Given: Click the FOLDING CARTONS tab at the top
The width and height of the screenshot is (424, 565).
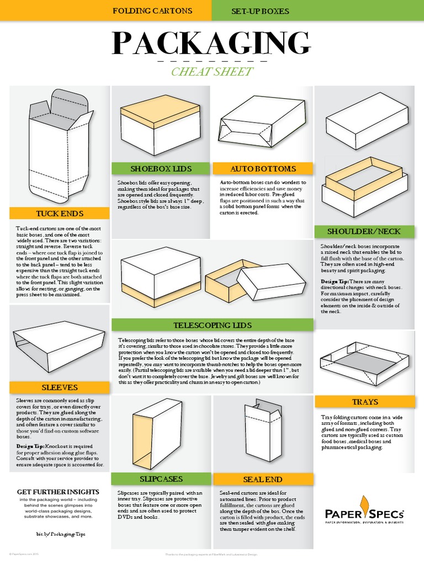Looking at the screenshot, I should tap(152, 10).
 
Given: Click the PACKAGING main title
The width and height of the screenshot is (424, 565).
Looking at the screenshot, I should tap(211, 44).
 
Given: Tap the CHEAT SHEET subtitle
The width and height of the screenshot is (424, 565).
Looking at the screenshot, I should tap(212, 72).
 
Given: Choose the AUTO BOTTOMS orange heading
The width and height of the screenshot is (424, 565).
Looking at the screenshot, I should tap(263, 168).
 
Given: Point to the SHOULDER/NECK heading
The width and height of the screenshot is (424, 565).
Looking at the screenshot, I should tap(364, 231).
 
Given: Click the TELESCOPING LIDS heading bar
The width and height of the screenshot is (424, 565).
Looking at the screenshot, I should tap(213, 324).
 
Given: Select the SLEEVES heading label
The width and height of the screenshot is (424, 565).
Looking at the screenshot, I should tap(60, 387).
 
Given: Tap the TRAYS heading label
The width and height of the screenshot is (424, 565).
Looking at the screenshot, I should tap(364, 401).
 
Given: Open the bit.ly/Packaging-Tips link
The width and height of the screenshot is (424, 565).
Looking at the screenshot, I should tap(57, 535).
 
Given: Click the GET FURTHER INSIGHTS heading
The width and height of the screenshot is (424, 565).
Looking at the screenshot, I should tap(58, 491).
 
